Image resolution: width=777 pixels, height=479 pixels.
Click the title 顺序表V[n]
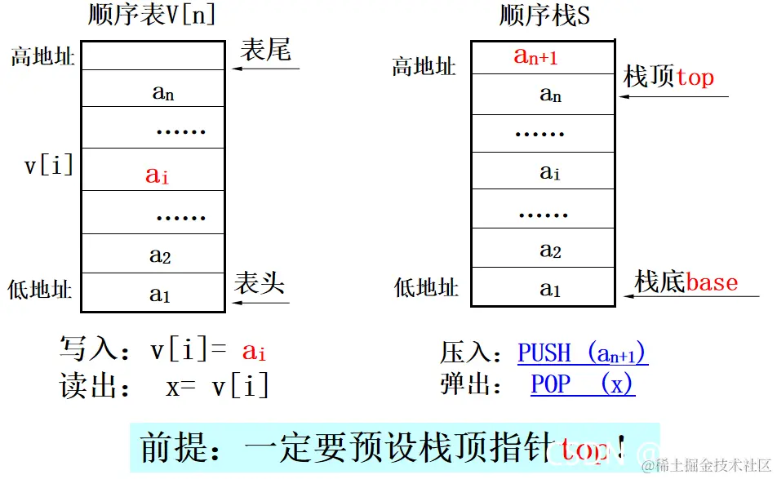pyautogui.click(x=153, y=15)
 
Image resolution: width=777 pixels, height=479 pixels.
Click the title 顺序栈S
pyautogui.click(x=544, y=15)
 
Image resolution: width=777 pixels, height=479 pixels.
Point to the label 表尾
pyautogui.click(x=265, y=51)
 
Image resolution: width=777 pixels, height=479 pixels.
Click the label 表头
pyautogui.click(x=260, y=283)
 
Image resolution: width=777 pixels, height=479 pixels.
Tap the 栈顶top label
pyautogui.click(x=668, y=78)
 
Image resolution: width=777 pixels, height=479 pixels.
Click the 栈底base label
pyautogui.click(x=686, y=282)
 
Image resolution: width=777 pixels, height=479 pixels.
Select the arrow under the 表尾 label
pyautogui.click(x=266, y=69)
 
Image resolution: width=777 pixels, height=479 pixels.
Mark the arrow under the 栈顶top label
pyautogui.click(x=673, y=96)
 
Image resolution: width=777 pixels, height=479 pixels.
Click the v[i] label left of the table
pyautogui.click(x=49, y=166)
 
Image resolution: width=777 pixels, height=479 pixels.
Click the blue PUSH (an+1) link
pyautogui.click(x=583, y=353)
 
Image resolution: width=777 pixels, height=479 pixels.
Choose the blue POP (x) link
pyautogui.click(x=582, y=384)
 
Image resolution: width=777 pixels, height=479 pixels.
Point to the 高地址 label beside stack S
pyautogui.click(x=424, y=66)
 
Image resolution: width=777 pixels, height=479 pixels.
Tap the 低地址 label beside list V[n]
pyautogui.click(x=40, y=290)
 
